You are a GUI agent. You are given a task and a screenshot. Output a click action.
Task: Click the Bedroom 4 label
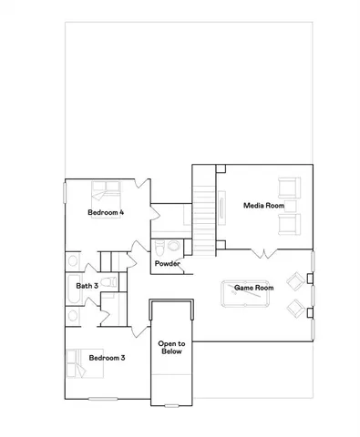106,212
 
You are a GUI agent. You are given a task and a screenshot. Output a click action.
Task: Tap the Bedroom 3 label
106,358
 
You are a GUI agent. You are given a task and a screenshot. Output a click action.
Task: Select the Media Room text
262,206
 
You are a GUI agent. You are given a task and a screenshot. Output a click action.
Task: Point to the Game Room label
254,288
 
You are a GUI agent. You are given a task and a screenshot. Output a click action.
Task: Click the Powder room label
167,264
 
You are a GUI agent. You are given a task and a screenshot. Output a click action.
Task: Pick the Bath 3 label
87,286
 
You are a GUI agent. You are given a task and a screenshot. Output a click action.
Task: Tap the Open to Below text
172,347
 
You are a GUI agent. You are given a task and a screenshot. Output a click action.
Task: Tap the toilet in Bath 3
107,282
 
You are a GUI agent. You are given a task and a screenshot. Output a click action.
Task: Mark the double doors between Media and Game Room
264,249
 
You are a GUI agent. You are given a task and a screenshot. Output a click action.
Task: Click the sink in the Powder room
176,245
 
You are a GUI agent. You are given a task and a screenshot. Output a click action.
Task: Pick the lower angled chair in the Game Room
295,310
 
